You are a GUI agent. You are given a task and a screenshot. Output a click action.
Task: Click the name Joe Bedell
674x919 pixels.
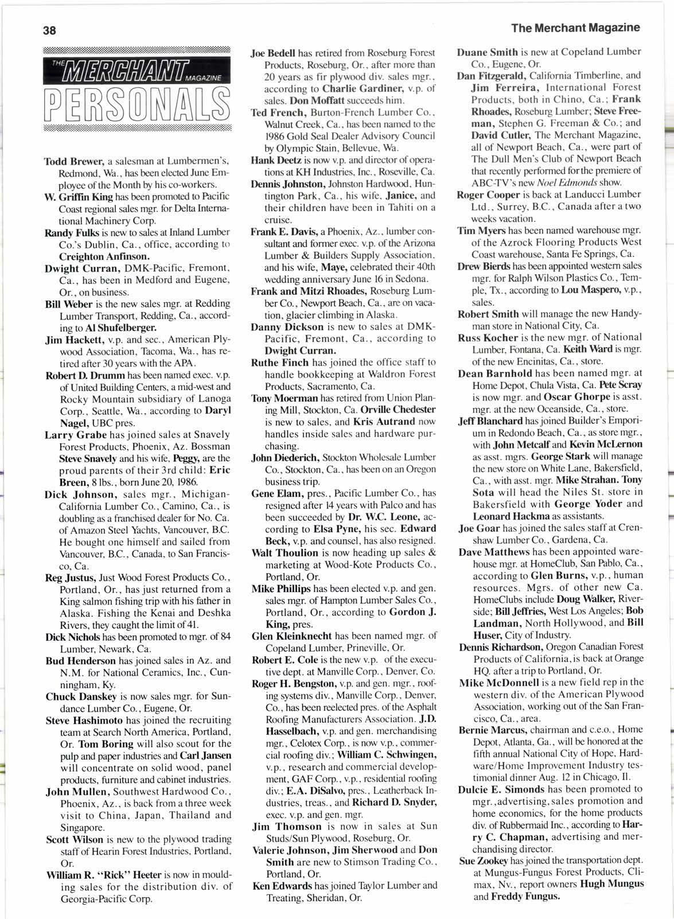pos(273,53)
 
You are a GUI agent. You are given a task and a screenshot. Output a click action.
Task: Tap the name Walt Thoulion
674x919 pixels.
pos(285,552)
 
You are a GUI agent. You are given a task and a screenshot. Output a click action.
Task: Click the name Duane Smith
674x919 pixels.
pos(487,52)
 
